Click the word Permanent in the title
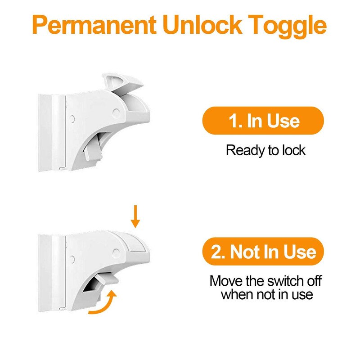(x=94, y=25)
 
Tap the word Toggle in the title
(x=288, y=27)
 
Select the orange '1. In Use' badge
(x=263, y=121)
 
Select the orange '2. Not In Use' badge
(x=263, y=252)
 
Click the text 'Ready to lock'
(x=265, y=150)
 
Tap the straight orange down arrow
(x=135, y=216)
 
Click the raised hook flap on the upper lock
(x=122, y=84)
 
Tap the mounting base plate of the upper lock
(x=52, y=132)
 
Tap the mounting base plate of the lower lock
(x=52, y=273)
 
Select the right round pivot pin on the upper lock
(x=116, y=113)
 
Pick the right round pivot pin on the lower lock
(x=116, y=253)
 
